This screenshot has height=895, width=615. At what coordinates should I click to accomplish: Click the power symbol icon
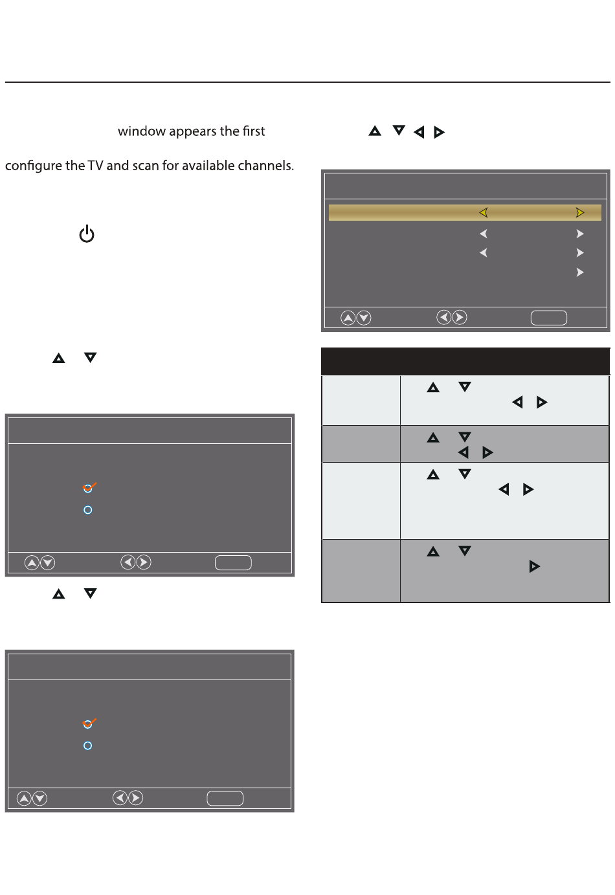tap(87, 234)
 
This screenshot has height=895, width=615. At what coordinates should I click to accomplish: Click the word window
tap(142, 131)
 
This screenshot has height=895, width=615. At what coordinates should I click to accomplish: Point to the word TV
tap(95, 166)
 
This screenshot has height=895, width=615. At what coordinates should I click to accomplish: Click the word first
tap(253, 131)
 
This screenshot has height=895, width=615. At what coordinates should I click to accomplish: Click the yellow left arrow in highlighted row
tap(483, 212)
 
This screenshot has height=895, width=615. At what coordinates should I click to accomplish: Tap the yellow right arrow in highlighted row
tap(580, 212)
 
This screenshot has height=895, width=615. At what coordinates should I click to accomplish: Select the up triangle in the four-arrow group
tap(375, 131)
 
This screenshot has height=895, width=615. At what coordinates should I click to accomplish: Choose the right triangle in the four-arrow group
tap(439, 132)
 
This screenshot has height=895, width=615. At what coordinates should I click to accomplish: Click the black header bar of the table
tap(465, 361)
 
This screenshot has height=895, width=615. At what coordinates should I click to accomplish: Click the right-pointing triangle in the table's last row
tap(534, 567)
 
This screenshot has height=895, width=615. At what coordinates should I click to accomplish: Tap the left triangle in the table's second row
tap(463, 452)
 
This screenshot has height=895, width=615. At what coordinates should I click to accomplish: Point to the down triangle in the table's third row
tap(464, 474)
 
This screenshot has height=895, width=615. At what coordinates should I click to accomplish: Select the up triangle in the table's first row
tap(433, 388)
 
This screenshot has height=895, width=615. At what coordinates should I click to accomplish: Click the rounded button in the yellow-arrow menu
tap(548, 318)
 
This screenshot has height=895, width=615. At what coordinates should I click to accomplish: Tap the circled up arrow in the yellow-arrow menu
tap(348, 318)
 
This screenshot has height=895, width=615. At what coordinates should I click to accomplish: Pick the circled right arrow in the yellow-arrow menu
tap(459, 318)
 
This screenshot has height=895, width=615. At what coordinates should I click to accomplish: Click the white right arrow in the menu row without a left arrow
tap(580, 272)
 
